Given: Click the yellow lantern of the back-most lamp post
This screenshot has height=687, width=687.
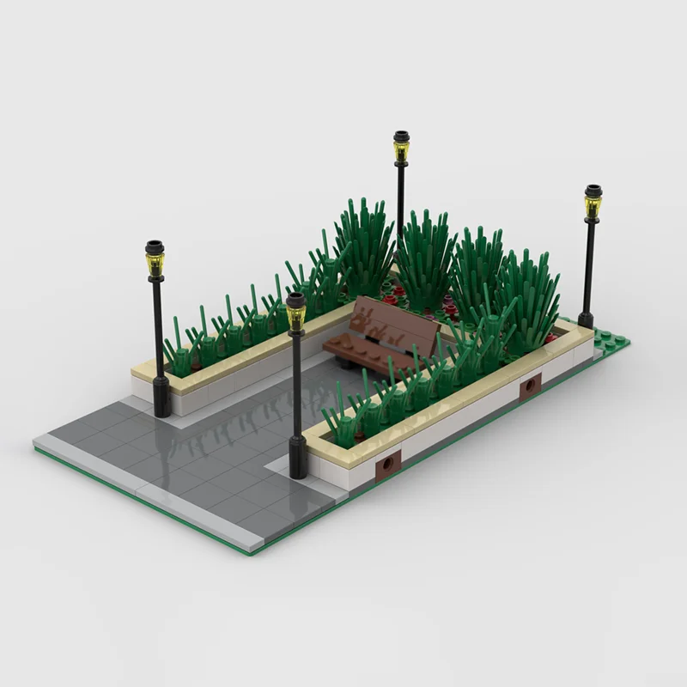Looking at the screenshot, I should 401,151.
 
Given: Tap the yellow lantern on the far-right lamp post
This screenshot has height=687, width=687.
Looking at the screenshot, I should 593,205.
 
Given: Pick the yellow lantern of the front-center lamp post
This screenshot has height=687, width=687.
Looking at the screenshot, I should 295,315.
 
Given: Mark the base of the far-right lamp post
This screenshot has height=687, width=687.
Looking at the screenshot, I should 586,319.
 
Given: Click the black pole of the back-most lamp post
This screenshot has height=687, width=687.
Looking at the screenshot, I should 400,198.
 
